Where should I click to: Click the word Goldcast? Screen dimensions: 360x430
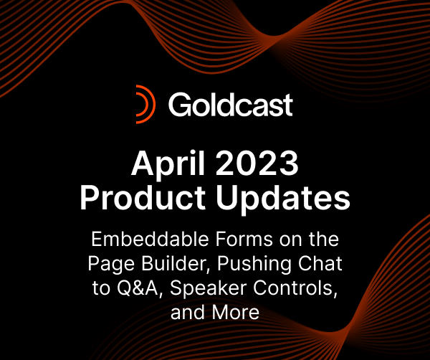[231, 105]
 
